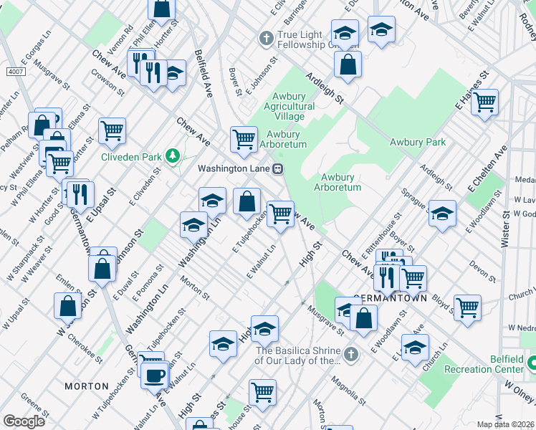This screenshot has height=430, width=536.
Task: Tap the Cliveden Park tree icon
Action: (172, 156)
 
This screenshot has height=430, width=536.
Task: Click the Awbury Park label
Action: (418, 142)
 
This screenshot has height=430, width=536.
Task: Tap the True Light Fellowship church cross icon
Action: (266, 37)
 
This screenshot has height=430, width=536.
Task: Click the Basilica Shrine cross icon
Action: (350, 353)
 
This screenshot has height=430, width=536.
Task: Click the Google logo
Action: (24, 421)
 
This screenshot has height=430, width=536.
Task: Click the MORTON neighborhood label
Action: (86, 386)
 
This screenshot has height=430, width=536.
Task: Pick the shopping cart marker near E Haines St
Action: (484, 102)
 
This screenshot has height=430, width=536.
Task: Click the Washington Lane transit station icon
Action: (277, 169)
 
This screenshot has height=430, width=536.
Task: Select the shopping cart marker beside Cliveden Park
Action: (112, 130)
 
